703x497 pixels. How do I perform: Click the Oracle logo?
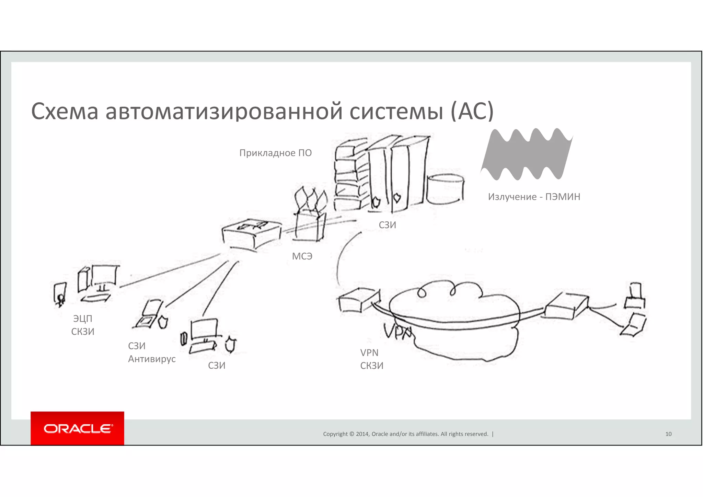click(77, 428)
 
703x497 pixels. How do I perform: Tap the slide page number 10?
click(668, 434)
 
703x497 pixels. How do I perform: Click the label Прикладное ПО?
click(275, 153)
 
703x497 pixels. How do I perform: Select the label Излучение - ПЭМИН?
click(534, 197)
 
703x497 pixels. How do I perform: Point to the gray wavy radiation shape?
click(527, 154)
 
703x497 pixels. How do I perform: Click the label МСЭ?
click(302, 256)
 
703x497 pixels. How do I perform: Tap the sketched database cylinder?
click(445, 189)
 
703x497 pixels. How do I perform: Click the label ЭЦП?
click(83, 319)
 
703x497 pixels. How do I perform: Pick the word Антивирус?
click(152, 359)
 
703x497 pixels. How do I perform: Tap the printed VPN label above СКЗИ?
click(369, 352)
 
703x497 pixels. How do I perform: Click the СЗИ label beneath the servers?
click(387, 225)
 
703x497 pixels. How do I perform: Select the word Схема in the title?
click(65, 111)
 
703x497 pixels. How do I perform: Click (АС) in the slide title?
click(472, 111)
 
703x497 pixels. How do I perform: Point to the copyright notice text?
click(405, 434)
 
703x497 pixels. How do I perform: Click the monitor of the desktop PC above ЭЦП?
click(105, 276)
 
